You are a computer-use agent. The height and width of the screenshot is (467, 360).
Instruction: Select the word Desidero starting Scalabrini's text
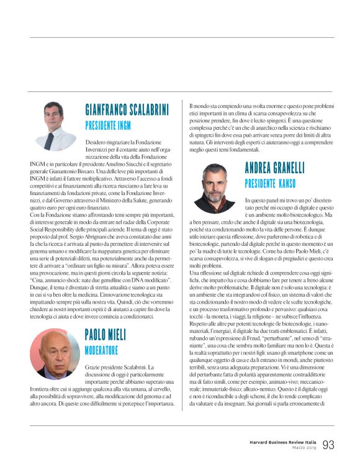[96, 142]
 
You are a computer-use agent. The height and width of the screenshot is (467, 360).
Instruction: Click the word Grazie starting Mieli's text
[92, 367]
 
